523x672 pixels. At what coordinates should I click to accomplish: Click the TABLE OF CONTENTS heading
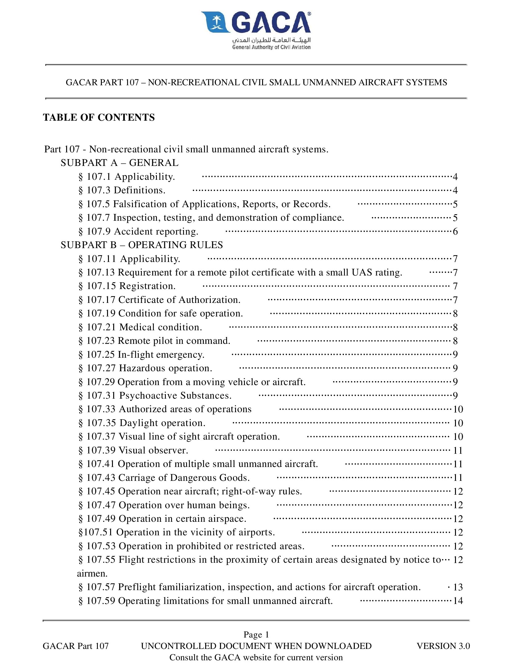99,117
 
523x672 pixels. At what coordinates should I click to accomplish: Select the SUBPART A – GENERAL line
119,163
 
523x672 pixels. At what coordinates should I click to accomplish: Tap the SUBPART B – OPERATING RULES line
142,245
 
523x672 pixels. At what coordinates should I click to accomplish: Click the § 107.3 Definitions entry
122,190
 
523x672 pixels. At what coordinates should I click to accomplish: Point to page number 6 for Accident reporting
455,231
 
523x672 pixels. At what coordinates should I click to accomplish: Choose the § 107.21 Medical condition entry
140,327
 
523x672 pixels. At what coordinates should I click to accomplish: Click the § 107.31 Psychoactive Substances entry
155,395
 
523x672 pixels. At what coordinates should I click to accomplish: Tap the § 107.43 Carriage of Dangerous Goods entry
164,477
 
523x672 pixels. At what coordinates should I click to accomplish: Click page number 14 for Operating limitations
458,601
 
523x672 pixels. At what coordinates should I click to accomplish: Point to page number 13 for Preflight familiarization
458,587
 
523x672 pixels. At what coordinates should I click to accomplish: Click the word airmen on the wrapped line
92,573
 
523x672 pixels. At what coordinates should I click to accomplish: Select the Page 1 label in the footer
256,634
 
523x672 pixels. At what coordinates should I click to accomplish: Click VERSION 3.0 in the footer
443,646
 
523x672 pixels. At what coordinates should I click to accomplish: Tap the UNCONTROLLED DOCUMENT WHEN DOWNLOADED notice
256,646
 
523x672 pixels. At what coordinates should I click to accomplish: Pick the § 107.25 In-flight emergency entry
142,354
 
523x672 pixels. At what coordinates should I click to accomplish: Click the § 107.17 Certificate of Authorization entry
159,300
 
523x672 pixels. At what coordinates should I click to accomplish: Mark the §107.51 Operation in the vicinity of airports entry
177,532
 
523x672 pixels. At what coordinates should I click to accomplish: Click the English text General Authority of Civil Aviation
271,47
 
